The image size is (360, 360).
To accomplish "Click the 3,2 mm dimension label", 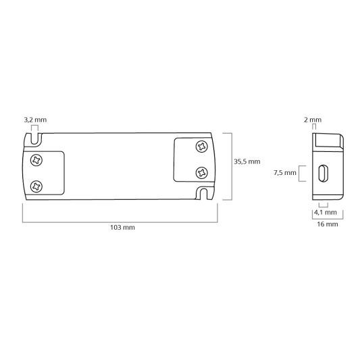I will pyautogui.click(x=35, y=120).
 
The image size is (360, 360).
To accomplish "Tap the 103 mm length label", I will pyautogui.click(x=122, y=228).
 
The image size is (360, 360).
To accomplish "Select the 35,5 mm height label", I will pyautogui.click(x=247, y=162).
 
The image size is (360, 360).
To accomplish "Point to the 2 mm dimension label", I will pyautogui.click(x=313, y=120).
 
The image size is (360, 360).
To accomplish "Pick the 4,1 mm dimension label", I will pyautogui.click(x=324, y=212).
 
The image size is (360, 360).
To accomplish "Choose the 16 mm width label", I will pyautogui.click(x=327, y=224).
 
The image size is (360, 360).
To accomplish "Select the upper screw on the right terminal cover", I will pyautogui.click(x=201, y=147).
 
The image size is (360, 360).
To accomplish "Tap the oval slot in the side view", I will pyautogui.click(x=322, y=173).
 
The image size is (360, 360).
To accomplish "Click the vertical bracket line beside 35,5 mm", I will pyautogui.click(x=232, y=166).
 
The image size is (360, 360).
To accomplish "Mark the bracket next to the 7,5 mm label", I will pyautogui.click(x=302, y=173).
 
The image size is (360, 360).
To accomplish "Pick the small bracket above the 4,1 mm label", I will pyautogui.click(x=323, y=205).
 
